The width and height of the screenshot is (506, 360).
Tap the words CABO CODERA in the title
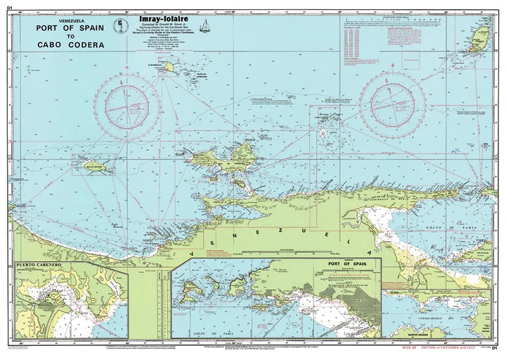[67, 44]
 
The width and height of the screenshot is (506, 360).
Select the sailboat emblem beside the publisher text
[206, 27]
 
